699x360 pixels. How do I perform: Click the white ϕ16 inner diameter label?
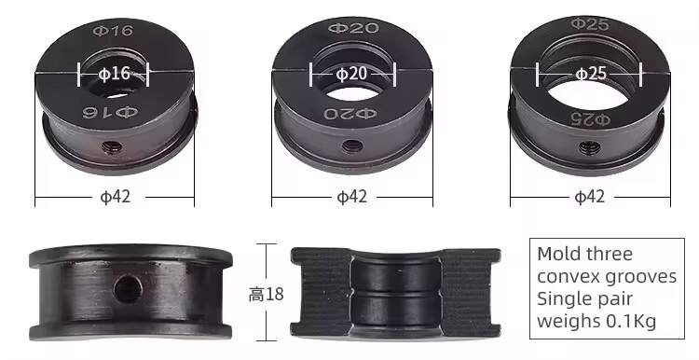pyautogui.click(x=114, y=74)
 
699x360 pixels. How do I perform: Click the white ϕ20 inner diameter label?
pyautogui.click(x=350, y=74)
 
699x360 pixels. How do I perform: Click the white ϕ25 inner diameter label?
pyautogui.click(x=591, y=73)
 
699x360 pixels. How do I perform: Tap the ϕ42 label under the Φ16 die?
pyautogui.click(x=116, y=197)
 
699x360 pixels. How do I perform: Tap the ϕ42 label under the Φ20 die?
pyautogui.click(x=351, y=197)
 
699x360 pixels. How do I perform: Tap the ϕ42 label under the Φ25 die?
pyautogui.click(x=589, y=197)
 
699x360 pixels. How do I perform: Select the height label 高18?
pyautogui.click(x=267, y=295)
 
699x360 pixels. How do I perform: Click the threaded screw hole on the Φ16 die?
pyautogui.click(x=111, y=146)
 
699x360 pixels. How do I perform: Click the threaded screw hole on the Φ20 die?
pyautogui.click(x=351, y=145)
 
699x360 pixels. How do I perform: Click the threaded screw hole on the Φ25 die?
pyautogui.click(x=589, y=147)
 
